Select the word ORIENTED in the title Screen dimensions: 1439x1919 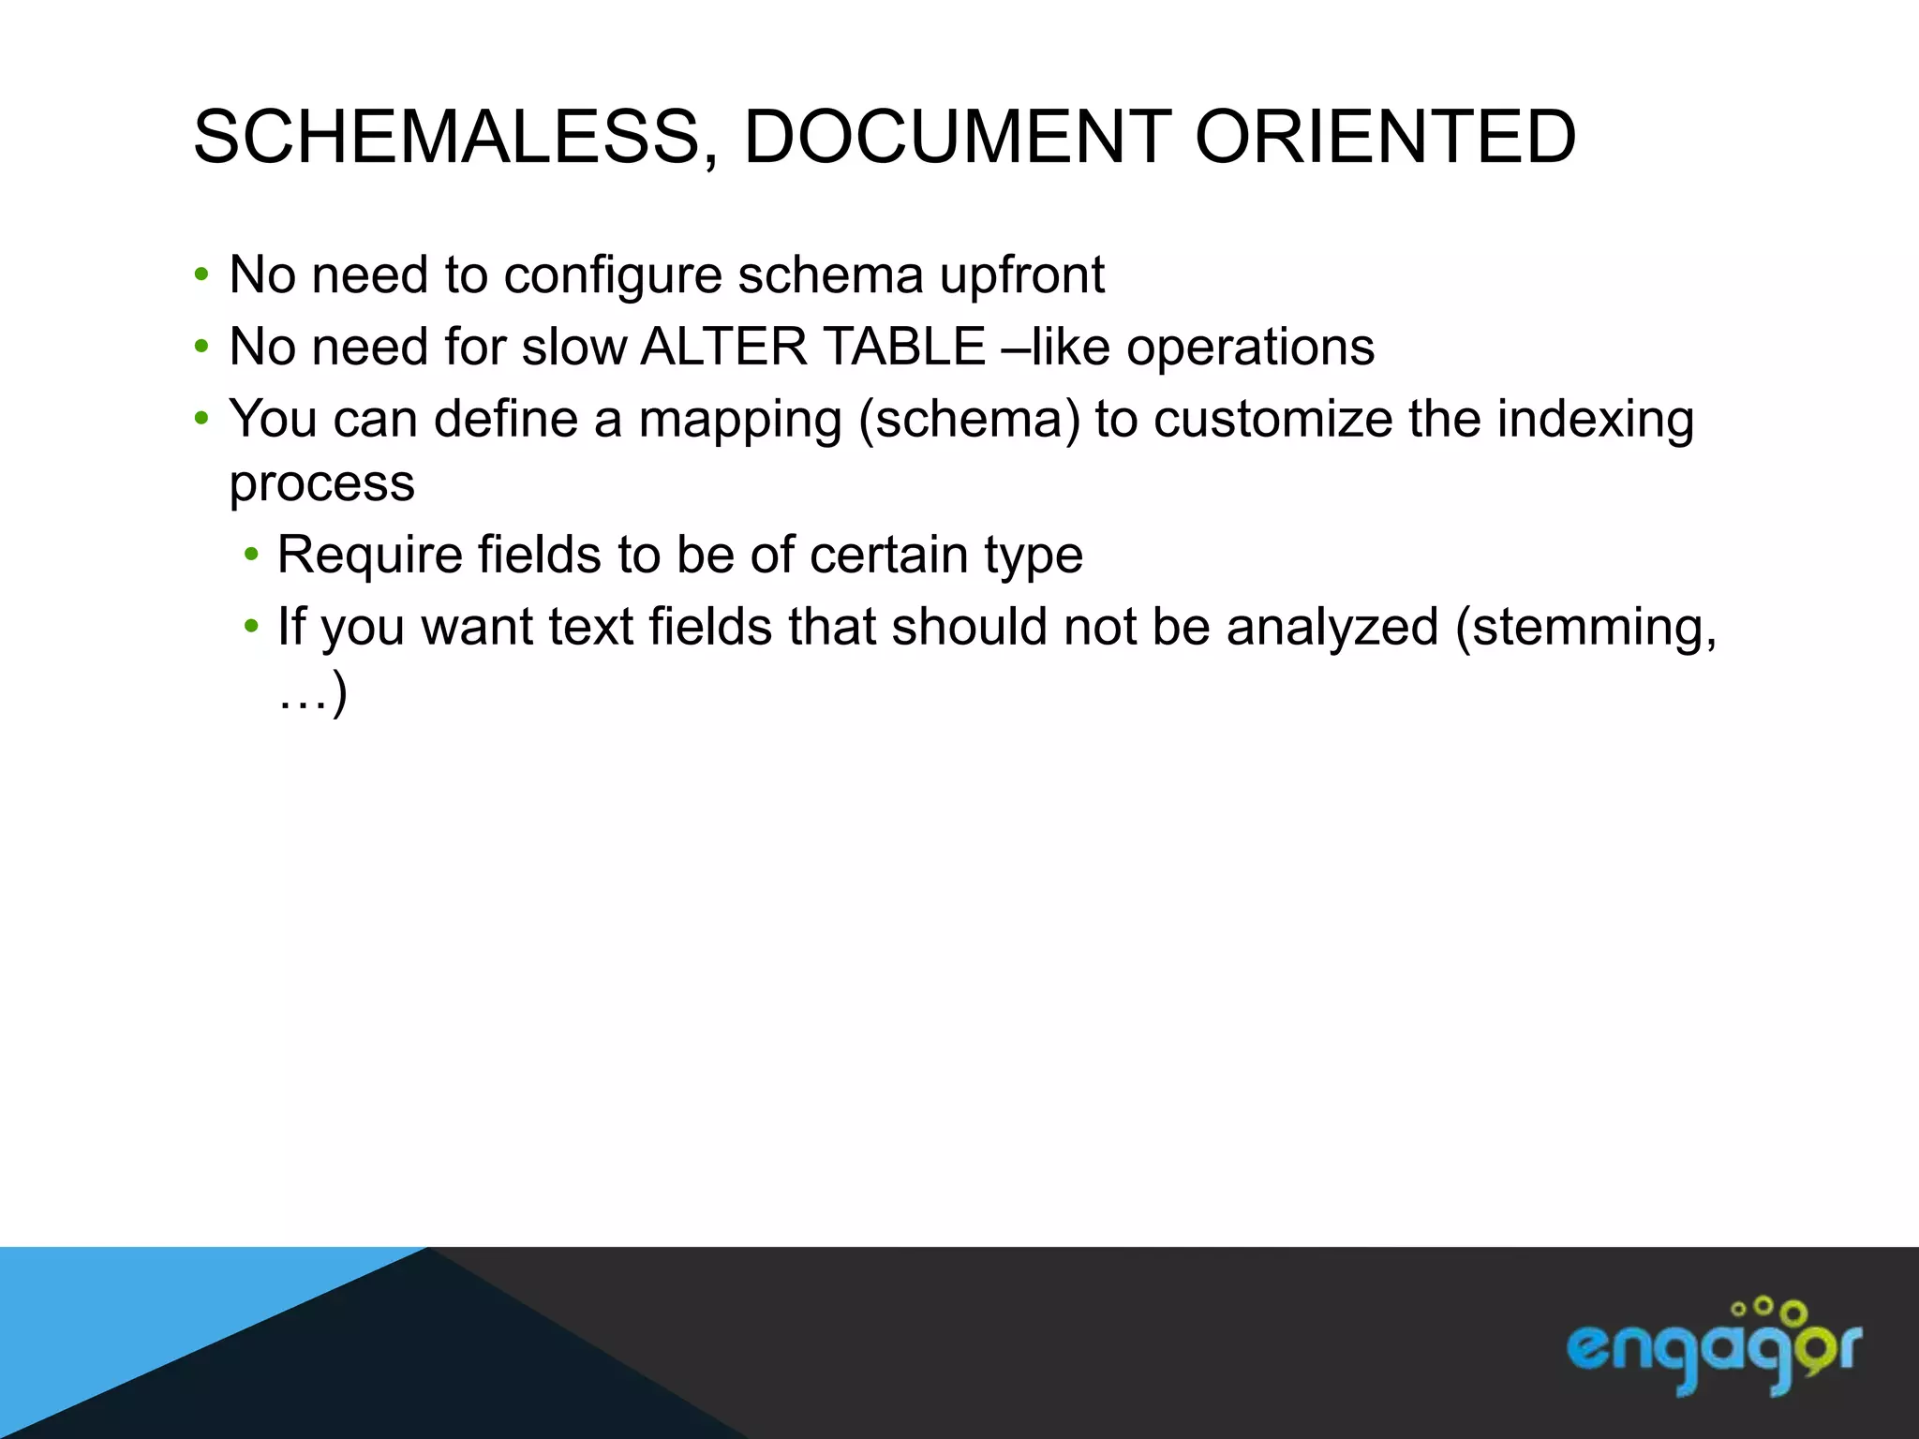1385,138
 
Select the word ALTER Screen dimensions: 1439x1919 723,347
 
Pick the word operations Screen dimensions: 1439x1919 1250,349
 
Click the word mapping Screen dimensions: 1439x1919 740,421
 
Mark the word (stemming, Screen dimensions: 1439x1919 1585,628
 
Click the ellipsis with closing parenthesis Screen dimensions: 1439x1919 313,695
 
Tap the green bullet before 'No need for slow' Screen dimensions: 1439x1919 201,347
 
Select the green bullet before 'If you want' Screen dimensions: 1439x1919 250,627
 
